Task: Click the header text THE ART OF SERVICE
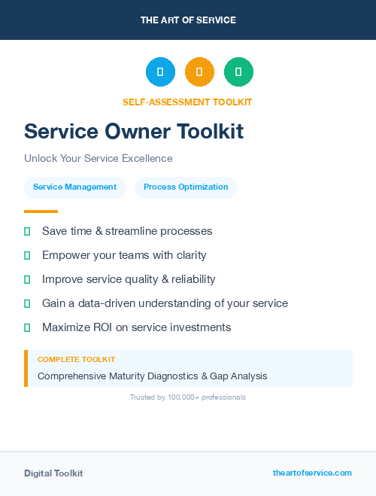pos(188,20)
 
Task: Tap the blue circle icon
pos(160,72)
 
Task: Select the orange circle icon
pos(199,72)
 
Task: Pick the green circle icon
pos(238,72)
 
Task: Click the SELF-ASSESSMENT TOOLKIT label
pos(187,102)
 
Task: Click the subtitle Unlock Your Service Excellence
pos(99,159)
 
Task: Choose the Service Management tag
pos(75,187)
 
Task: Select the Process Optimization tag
pos(186,187)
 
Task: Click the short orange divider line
pos(41,211)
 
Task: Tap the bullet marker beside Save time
pos(27,231)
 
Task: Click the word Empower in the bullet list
pos(65,255)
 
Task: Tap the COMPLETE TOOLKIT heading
pos(76,360)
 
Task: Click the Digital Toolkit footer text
pos(53,473)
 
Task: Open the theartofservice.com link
pos(312,473)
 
